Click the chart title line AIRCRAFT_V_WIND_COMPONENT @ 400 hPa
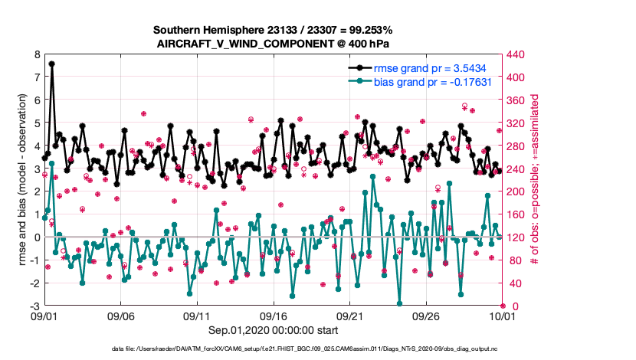tap(272, 43)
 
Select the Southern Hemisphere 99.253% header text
tap(272, 30)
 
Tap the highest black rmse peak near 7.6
tap(51, 64)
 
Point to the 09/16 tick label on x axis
tap(274, 316)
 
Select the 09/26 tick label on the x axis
tap(426, 316)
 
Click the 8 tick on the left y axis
tap(36, 55)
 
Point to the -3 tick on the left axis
tap(34, 306)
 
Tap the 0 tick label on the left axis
tap(36, 237)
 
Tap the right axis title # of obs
tap(536, 181)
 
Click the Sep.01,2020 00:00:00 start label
tap(273, 330)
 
